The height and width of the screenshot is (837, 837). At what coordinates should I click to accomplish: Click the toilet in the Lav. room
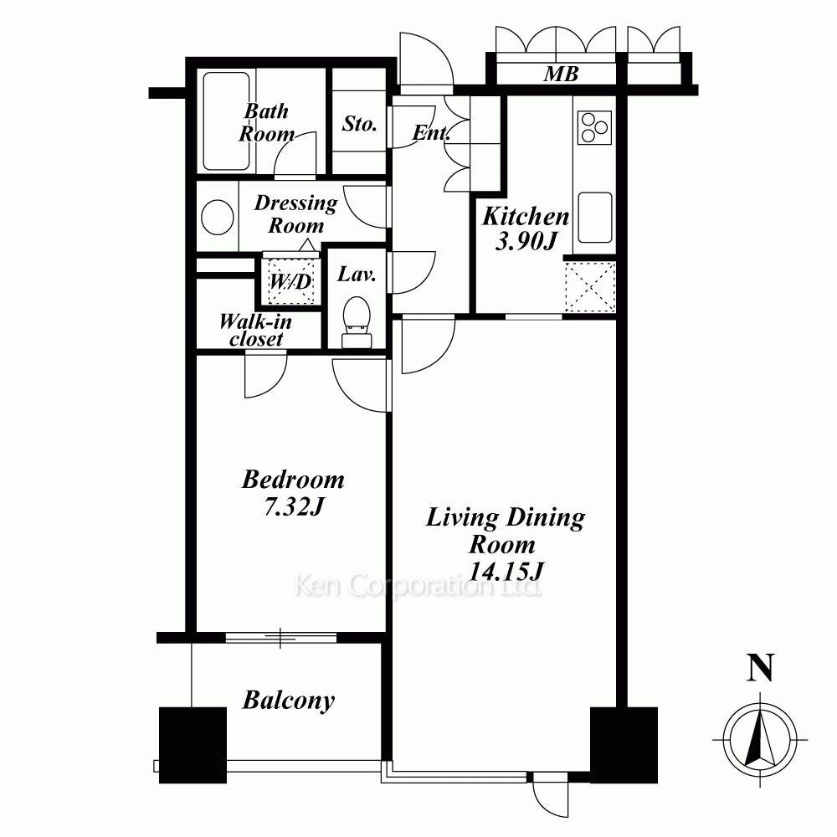click(x=357, y=322)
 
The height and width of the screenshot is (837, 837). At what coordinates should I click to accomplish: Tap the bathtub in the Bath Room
click(x=226, y=121)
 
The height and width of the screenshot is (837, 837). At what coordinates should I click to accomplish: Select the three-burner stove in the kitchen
click(x=594, y=127)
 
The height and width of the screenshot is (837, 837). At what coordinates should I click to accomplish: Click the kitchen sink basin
click(x=594, y=217)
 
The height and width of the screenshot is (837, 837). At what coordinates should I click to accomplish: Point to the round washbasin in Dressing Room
click(x=218, y=218)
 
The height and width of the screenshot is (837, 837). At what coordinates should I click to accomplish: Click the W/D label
click(x=290, y=280)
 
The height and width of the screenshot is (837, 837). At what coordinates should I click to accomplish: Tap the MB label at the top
click(x=561, y=74)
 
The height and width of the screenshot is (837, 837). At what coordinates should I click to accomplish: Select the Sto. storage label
click(x=359, y=124)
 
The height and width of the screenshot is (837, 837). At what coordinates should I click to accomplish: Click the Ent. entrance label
click(x=431, y=133)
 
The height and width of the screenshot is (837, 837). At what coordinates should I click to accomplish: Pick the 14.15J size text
click(x=506, y=571)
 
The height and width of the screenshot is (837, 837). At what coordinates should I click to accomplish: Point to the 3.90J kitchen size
click(x=526, y=242)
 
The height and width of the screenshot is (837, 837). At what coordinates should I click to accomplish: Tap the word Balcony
click(x=289, y=701)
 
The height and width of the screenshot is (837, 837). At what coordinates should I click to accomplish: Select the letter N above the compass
click(x=760, y=667)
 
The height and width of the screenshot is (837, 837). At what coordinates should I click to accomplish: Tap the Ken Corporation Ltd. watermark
click(x=418, y=586)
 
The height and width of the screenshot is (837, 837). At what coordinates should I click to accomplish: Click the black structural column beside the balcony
click(x=193, y=745)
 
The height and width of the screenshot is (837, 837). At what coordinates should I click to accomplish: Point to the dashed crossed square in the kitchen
click(x=590, y=287)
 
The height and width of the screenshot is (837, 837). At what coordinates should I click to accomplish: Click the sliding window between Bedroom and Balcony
click(x=281, y=637)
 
